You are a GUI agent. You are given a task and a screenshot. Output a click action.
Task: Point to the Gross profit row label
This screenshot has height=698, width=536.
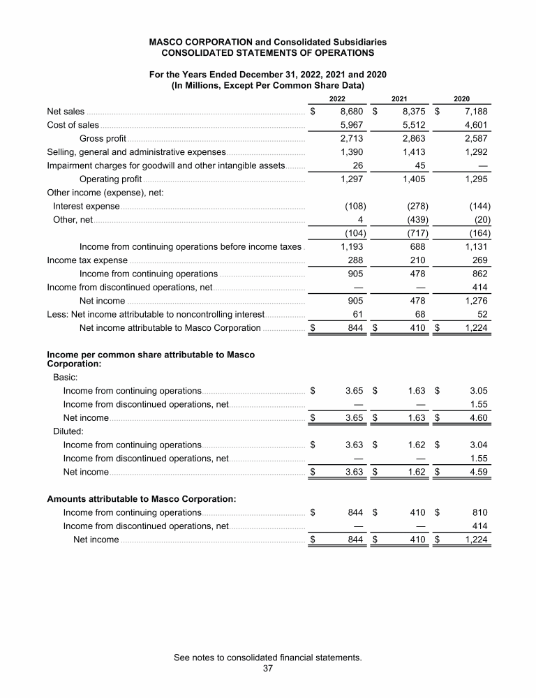pyautogui.click(x=103, y=138)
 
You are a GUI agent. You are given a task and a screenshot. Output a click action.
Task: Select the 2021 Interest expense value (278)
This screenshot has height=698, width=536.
pyautogui.click(x=417, y=206)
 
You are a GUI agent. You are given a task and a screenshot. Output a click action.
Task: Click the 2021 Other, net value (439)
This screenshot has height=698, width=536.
pyautogui.click(x=417, y=220)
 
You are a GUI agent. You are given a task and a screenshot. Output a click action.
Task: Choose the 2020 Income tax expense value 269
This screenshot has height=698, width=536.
pyautogui.click(x=480, y=260)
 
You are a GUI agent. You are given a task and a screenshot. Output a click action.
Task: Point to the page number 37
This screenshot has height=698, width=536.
pyautogui.click(x=268, y=668)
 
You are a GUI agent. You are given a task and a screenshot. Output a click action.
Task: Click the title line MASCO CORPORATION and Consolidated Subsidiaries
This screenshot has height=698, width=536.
pyautogui.click(x=268, y=42)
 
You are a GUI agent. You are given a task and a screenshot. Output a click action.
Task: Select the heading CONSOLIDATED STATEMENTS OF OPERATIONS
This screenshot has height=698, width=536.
pyautogui.click(x=268, y=52)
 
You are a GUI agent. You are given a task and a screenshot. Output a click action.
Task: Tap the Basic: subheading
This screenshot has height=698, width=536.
pyautogui.click(x=67, y=377)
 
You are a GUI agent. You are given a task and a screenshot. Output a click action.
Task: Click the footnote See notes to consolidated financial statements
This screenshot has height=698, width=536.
pyautogui.click(x=268, y=658)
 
